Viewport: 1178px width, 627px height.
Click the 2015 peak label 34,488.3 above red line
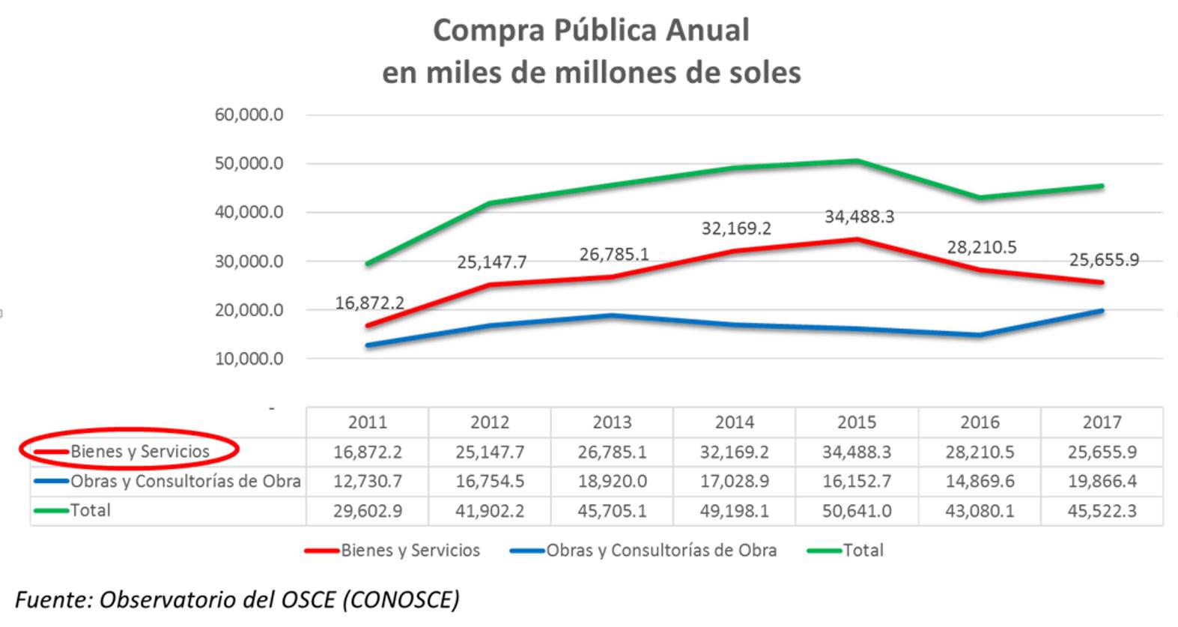click(x=859, y=217)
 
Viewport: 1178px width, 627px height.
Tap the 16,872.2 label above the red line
click(x=369, y=303)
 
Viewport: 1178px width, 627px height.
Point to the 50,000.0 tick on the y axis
click(x=249, y=164)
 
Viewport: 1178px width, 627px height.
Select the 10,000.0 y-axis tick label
click(x=249, y=359)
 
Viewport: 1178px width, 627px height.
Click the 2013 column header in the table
click(x=612, y=422)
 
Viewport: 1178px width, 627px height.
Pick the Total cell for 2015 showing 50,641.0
click(x=857, y=512)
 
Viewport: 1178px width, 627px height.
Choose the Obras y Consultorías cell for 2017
click(x=1102, y=482)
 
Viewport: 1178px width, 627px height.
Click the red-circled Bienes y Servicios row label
click(x=139, y=452)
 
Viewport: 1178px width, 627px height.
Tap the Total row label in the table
click(x=90, y=511)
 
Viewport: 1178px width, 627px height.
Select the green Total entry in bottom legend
click(x=845, y=551)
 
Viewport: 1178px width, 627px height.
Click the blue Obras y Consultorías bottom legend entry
click(x=644, y=551)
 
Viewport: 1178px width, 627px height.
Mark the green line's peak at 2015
click(x=857, y=160)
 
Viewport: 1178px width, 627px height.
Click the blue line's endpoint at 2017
click(x=1102, y=310)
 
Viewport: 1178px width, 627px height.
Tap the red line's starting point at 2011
click(x=368, y=325)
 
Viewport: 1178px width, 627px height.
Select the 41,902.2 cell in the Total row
click(x=490, y=512)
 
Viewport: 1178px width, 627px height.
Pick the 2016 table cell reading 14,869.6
click(x=980, y=482)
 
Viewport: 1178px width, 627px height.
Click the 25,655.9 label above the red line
click(x=1104, y=261)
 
